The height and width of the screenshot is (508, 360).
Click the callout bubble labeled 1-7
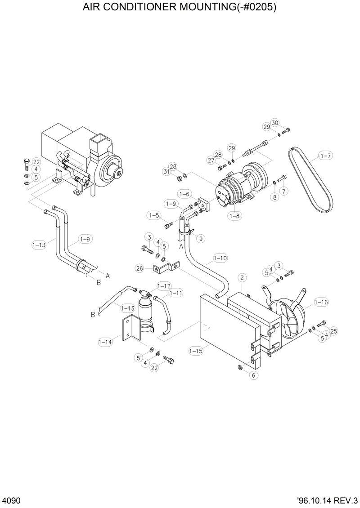(325, 156)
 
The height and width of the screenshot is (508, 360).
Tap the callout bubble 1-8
(234, 216)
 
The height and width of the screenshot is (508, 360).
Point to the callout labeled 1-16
(321, 302)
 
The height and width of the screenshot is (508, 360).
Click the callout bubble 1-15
(196, 351)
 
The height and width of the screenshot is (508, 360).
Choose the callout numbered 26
(139, 268)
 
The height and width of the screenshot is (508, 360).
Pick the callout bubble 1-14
(105, 342)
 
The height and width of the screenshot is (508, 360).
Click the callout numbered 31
(167, 172)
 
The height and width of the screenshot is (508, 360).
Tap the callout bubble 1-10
(220, 258)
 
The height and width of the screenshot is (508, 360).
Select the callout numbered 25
(333, 331)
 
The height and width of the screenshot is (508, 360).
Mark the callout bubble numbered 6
(253, 375)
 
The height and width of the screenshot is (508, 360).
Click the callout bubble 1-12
(164, 286)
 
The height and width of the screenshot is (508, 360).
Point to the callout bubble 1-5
(154, 216)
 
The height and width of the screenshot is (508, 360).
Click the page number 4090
(10, 501)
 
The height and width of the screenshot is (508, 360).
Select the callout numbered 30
(275, 122)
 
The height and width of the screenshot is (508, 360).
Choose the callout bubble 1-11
(176, 293)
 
